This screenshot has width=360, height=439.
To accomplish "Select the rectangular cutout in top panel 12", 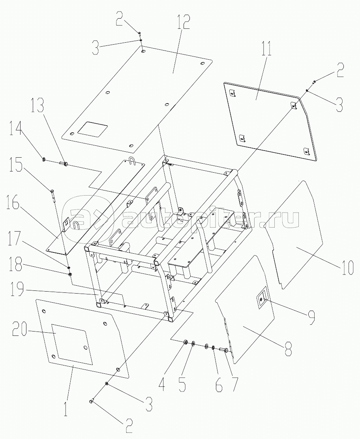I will coord(92,129).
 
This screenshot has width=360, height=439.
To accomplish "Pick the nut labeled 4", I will coord(185,342).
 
